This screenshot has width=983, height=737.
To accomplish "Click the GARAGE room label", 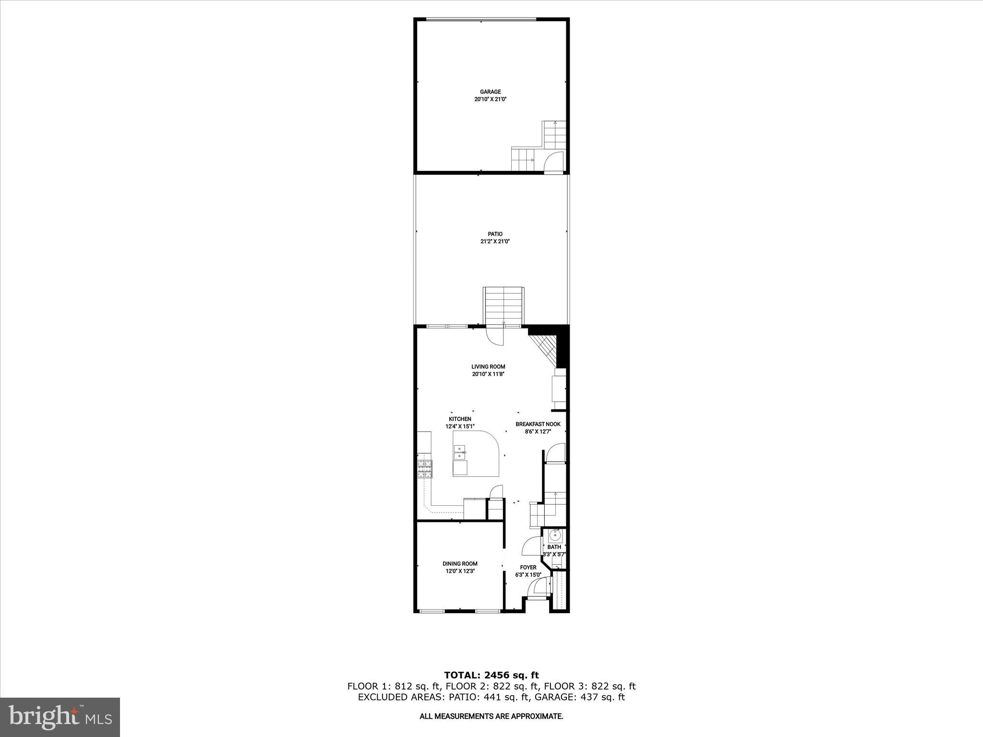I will (x=490, y=92).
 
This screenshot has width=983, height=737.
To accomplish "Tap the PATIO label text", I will (x=495, y=234).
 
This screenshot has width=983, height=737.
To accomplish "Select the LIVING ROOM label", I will (x=488, y=367).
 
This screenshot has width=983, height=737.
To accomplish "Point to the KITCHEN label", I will (x=460, y=419).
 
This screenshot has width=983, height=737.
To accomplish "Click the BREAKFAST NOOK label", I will (x=538, y=424).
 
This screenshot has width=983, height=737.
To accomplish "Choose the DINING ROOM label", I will (x=460, y=564).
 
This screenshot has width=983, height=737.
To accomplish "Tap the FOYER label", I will (x=528, y=567).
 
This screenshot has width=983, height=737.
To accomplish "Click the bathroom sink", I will (x=555, y=535).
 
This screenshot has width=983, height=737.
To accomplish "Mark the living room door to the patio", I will (x=495, y=336).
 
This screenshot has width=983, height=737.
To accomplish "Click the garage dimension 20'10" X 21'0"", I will (x=490, y=99).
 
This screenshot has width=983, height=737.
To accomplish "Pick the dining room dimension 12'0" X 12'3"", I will (x=460, y=571).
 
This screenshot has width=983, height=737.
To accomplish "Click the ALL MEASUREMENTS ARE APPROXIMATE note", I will (x=491, y=716).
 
